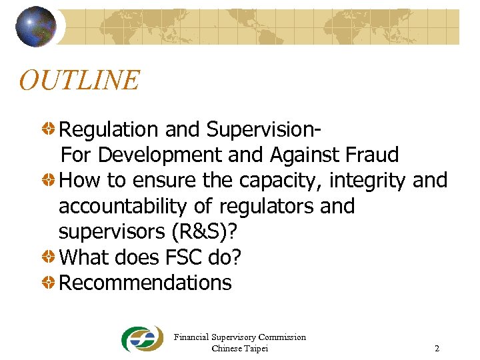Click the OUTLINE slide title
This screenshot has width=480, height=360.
pos(79,81)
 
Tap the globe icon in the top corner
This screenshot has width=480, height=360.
pos(36,27)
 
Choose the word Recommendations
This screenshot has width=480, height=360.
pos(145,283)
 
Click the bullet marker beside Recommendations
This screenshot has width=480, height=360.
pos(49,283)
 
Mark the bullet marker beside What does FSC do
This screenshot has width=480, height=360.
pos(49,257)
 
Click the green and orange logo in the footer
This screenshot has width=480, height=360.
pos(141,339)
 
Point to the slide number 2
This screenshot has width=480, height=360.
pos(437,349)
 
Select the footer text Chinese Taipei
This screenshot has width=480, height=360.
pos(239,349)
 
